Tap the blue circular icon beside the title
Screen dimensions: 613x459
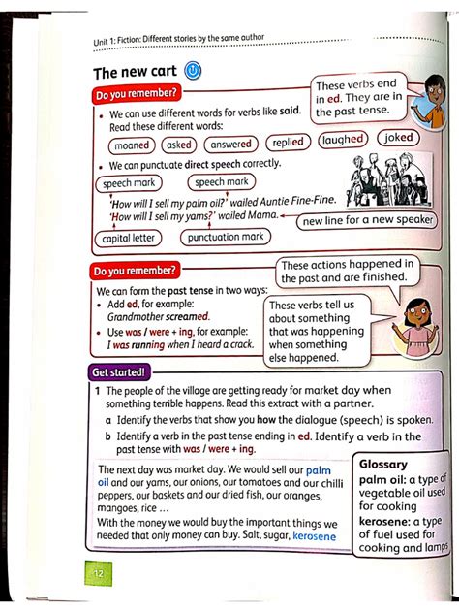pyautogui.click(x=192, y=71)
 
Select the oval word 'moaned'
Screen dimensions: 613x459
pyautogui.click(x=131, y=145)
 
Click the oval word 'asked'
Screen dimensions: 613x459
pyautogui.click(x=177, y=145)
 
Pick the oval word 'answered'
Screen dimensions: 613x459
pyautogui.click(x=230, y=144)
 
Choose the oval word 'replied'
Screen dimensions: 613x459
pyautogui.click(x=288, y=142)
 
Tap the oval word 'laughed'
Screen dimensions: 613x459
pyautogui.click(x=343, y=140)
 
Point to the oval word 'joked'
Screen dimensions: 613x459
pyautogui.click(x=398, y=138)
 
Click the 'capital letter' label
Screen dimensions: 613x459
pyautogui.click(x=130, y=238)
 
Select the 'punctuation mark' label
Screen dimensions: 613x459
pyautogui.click(x=226, y=237)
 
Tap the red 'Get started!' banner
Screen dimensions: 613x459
pyautogui.click(x=119, y=371)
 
